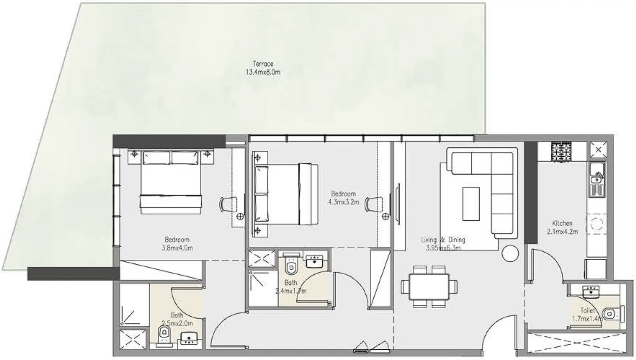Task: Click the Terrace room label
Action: click(263, 64)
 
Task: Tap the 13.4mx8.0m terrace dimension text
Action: click(263, 72)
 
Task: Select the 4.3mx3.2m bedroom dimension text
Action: click(343, 202)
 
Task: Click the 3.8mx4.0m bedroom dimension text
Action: click(177, 248)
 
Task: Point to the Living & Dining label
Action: click(443, 240)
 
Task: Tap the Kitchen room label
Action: click(562, 223)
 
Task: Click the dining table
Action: click(429, 286)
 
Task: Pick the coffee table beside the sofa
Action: click(471, 204)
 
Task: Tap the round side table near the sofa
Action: click(511, 253)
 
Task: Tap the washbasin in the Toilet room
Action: click(591, 292)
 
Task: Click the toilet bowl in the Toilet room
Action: click(612, 314)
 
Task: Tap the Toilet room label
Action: click(587, 311)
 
